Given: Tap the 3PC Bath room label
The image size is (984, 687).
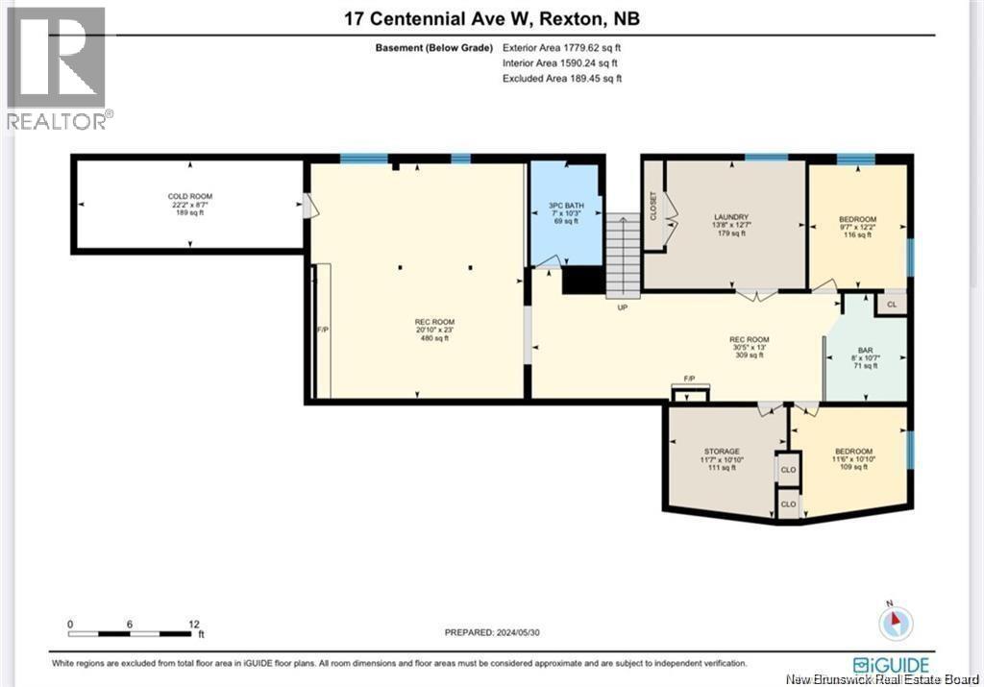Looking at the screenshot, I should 564,205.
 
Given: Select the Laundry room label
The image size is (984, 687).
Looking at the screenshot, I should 731,217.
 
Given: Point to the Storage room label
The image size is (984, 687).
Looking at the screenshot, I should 722,452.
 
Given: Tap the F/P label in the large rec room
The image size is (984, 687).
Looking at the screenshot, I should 323,330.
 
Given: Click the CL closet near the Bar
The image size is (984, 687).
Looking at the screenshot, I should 891,305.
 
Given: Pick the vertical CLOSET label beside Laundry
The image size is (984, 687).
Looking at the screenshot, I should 654,206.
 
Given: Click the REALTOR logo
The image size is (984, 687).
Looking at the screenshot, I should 58,67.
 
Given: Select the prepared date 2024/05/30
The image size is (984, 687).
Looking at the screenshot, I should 520,631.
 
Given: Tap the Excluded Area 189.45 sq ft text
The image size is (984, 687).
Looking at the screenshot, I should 562,78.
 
